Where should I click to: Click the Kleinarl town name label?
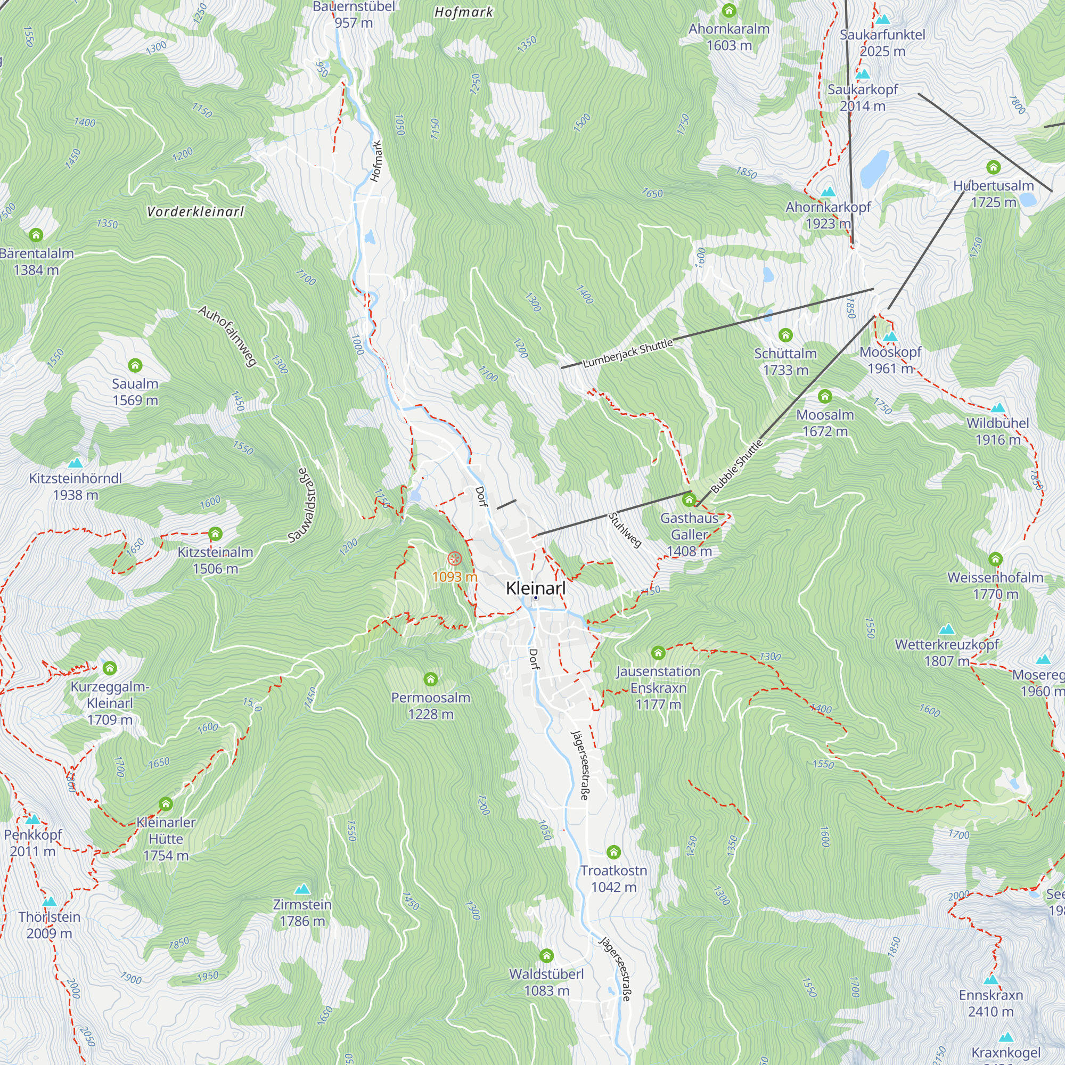535,588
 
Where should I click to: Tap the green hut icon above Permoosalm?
430,678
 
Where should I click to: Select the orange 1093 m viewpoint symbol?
454,559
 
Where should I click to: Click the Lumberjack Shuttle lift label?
628,353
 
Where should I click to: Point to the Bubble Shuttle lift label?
737,466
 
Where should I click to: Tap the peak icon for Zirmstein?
302,889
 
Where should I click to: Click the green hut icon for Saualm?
135,365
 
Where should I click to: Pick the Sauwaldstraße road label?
302,505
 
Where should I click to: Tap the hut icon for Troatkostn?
613,852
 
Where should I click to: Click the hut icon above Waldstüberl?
546,955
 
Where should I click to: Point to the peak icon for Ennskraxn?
990,980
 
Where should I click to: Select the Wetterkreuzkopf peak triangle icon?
946,629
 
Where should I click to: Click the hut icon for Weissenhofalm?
995,560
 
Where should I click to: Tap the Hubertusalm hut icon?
993,167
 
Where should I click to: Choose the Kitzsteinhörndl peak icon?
76,463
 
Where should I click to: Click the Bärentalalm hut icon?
36,235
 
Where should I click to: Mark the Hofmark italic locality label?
464,12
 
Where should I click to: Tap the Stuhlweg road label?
625,530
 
